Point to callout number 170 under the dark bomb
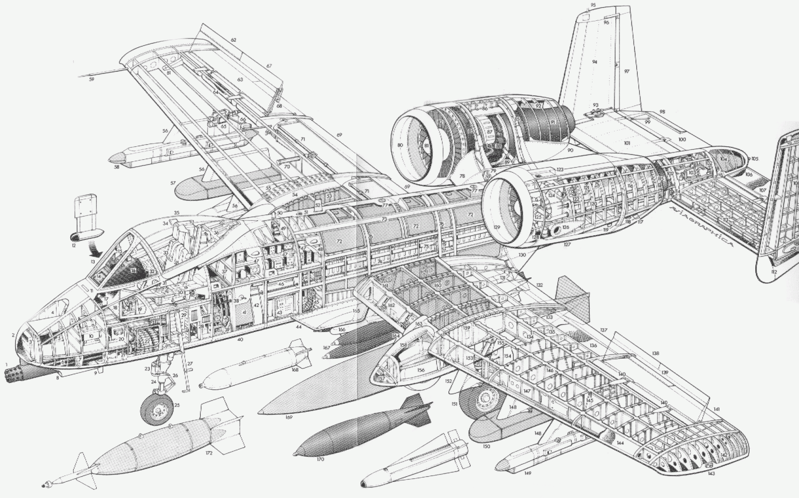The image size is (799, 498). (320, 459)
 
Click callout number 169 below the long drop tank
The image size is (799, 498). (289, 417)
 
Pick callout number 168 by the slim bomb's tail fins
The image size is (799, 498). (295, 370)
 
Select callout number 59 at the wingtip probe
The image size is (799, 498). (91, 80)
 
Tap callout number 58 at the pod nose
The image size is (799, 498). (117, 167)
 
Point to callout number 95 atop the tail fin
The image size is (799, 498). (593, 5)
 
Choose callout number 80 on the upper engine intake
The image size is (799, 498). (400, 145)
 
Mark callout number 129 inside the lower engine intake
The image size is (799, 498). (496, 227)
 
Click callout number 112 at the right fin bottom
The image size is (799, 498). (774, 272)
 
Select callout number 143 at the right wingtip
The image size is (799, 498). (711, 474)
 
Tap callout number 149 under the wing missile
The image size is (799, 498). (527, 473)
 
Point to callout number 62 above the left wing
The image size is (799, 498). (234, 40)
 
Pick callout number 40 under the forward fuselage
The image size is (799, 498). (240, 340)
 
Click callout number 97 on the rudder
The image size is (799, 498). (626, 71)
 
